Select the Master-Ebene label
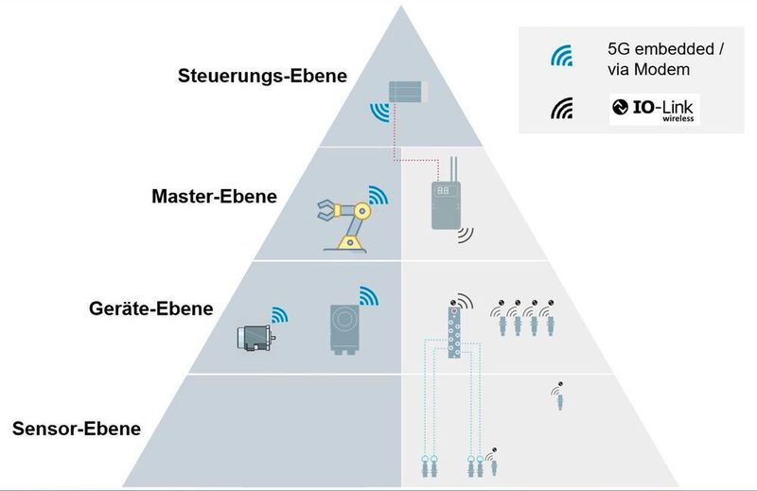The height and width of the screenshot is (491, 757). click(x=214, y=197)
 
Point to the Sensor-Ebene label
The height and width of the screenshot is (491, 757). click(x=77, y=429)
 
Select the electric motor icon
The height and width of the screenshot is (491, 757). click(x=255, y=337)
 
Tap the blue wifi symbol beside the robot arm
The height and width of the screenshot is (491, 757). click(x=378, y=197)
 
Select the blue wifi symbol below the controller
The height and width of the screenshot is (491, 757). click(x=380, y=114)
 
